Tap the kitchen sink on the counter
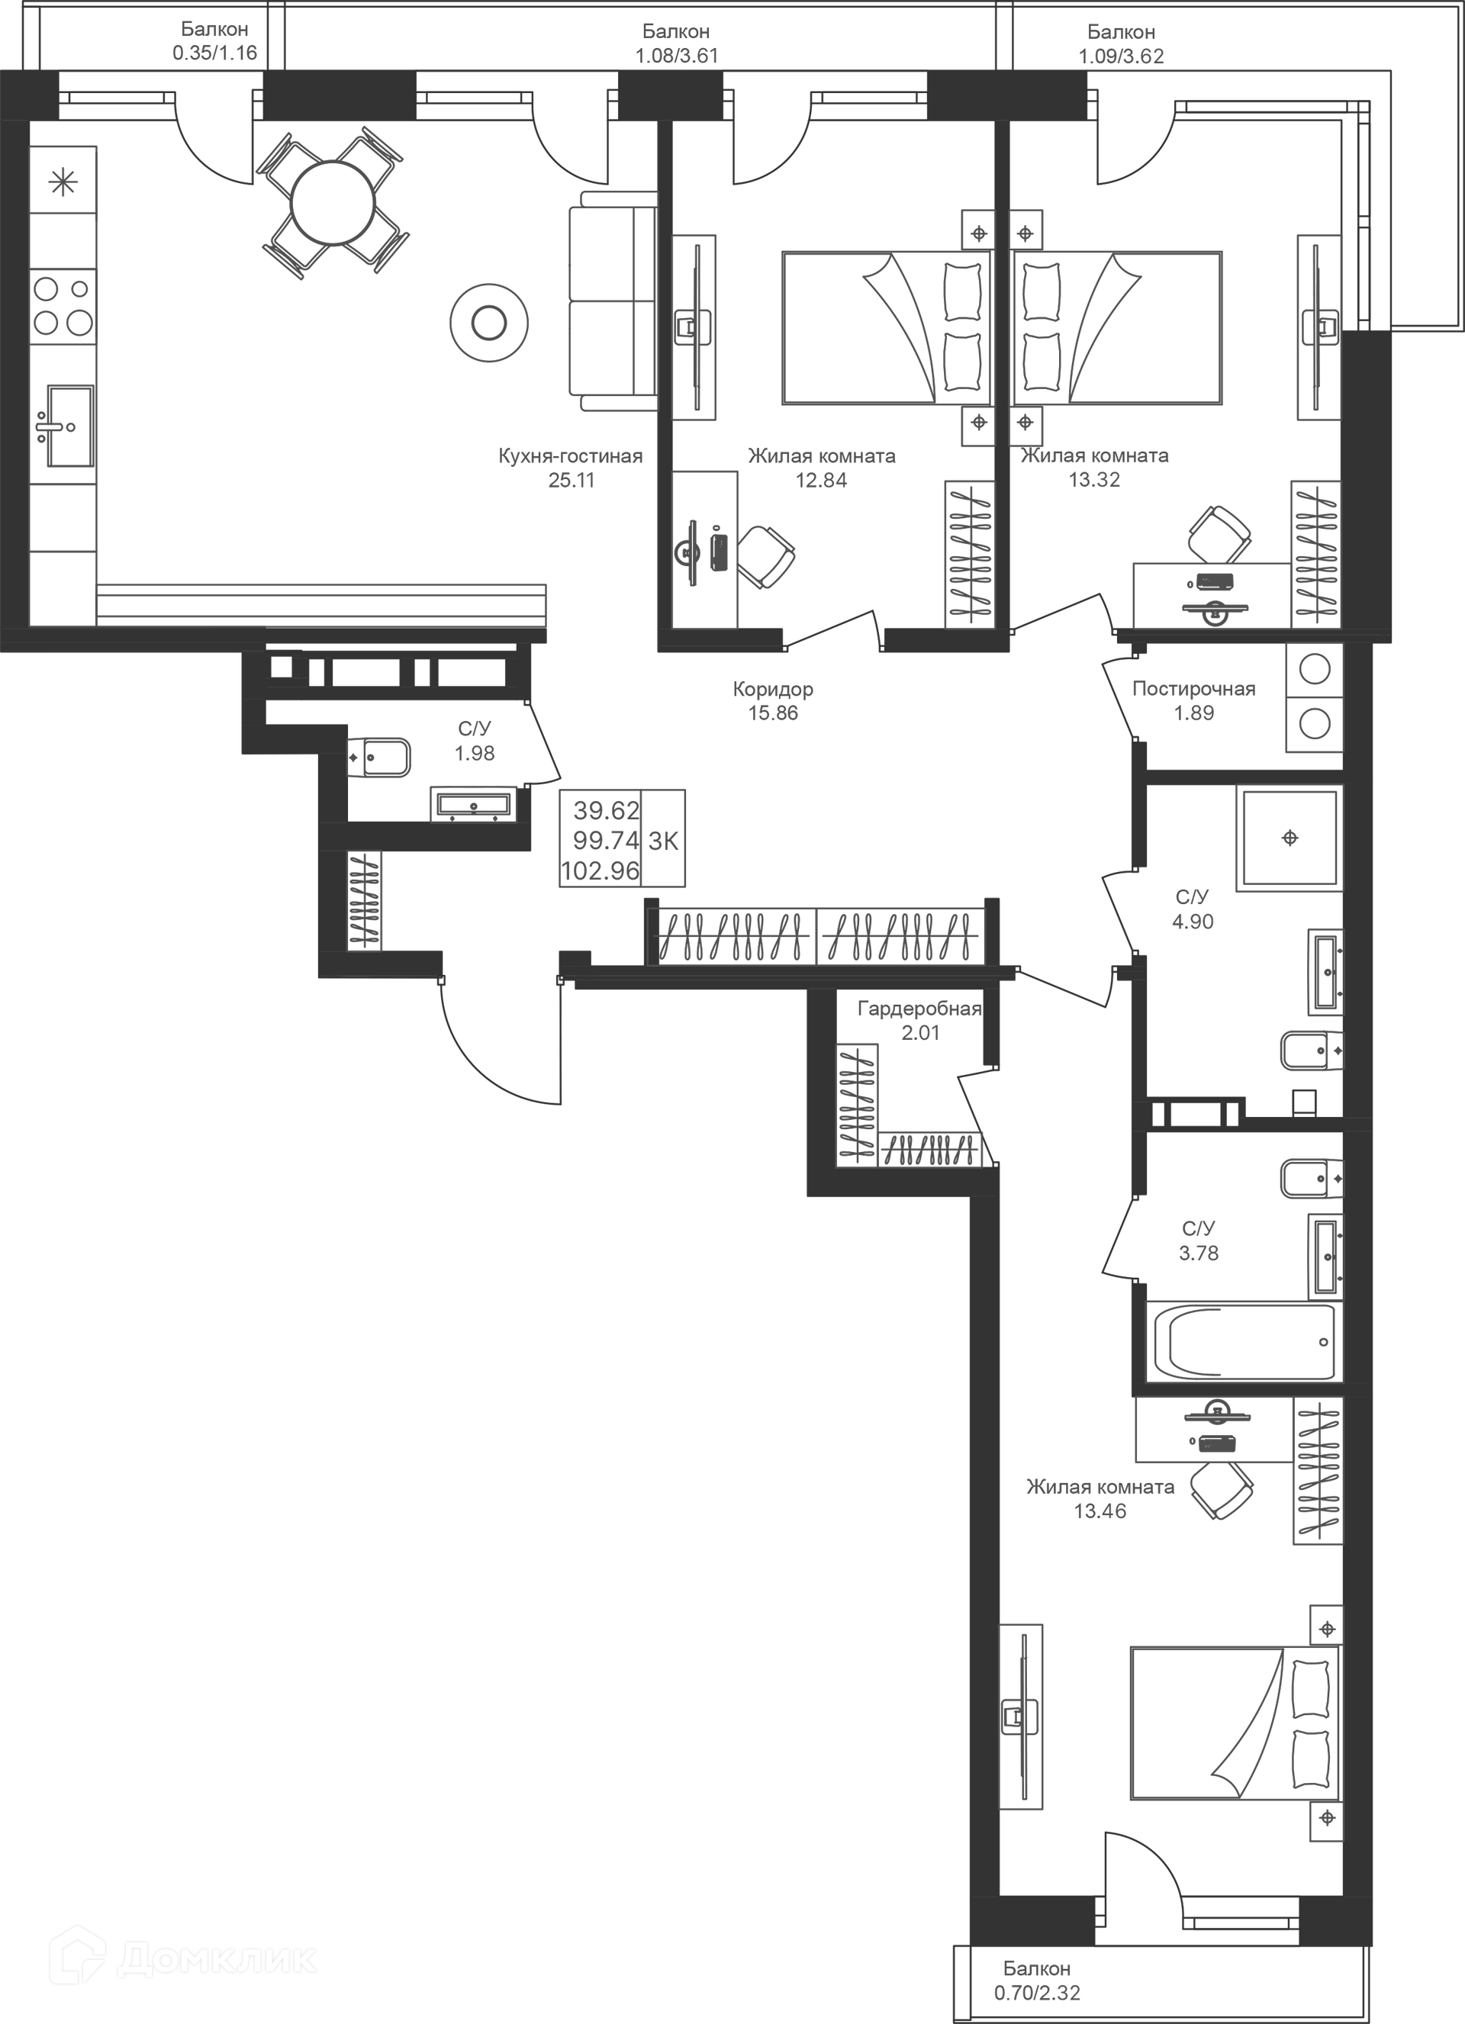(x=69, y=426)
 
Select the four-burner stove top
(x=63, y=306)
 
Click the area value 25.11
(x=572, y=481)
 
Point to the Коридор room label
(x=772, y=689)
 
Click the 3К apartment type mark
(x=663, y=841)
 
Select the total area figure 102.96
(x=600, y=871)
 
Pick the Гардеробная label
(x=919, y=1009)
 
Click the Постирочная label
(x=1193, y=689)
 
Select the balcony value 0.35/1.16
(x=214, y=53)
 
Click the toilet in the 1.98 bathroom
(x=378, y=758)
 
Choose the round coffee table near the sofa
(x=488, y=322)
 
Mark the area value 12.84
(x=820, y=481)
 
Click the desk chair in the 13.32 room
(x=1218, y=534)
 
